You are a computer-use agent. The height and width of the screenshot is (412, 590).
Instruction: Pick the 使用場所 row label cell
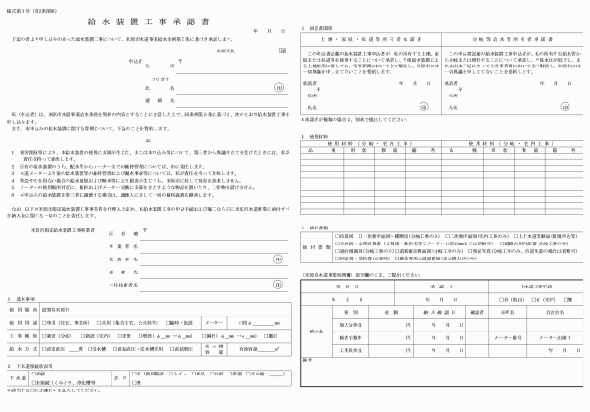pyautogui.click(x=23, y=307)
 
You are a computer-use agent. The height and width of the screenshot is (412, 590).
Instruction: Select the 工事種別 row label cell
pyautogui.click(x=23, y=334)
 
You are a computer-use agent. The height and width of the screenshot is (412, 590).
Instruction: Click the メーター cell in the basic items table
pyautogui.click(x=213, y=320)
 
